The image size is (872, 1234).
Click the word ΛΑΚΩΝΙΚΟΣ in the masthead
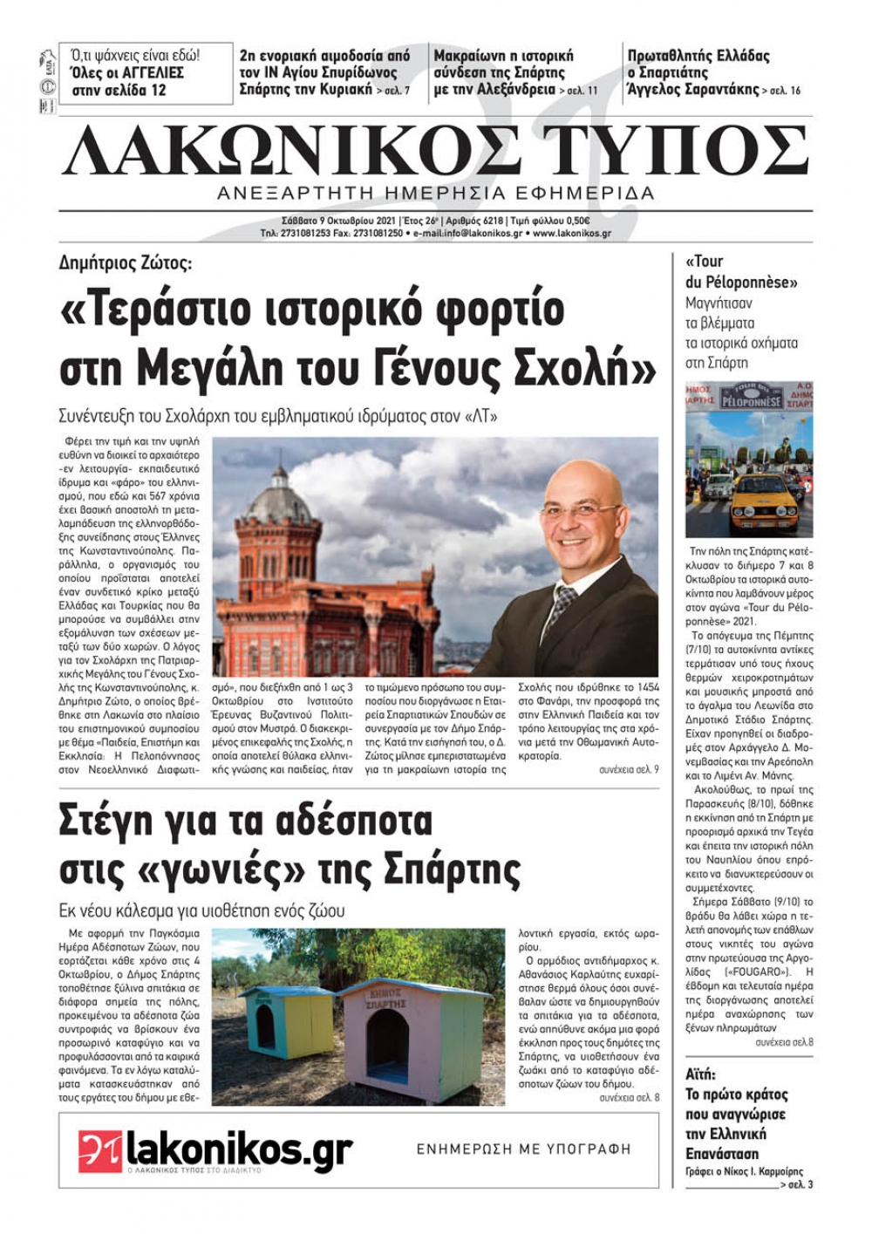(292, 151)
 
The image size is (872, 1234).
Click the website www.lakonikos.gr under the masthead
(571, 234)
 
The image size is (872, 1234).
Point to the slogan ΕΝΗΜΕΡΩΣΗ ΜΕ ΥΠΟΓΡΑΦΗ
(523, 1149)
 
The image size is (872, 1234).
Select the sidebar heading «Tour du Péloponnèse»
(741, 271)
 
